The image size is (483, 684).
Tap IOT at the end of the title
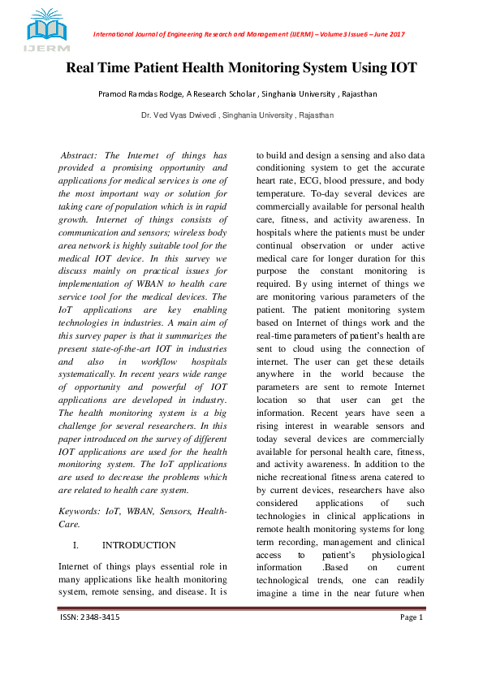point(401,67)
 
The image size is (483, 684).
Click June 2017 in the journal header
point(387,34)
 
